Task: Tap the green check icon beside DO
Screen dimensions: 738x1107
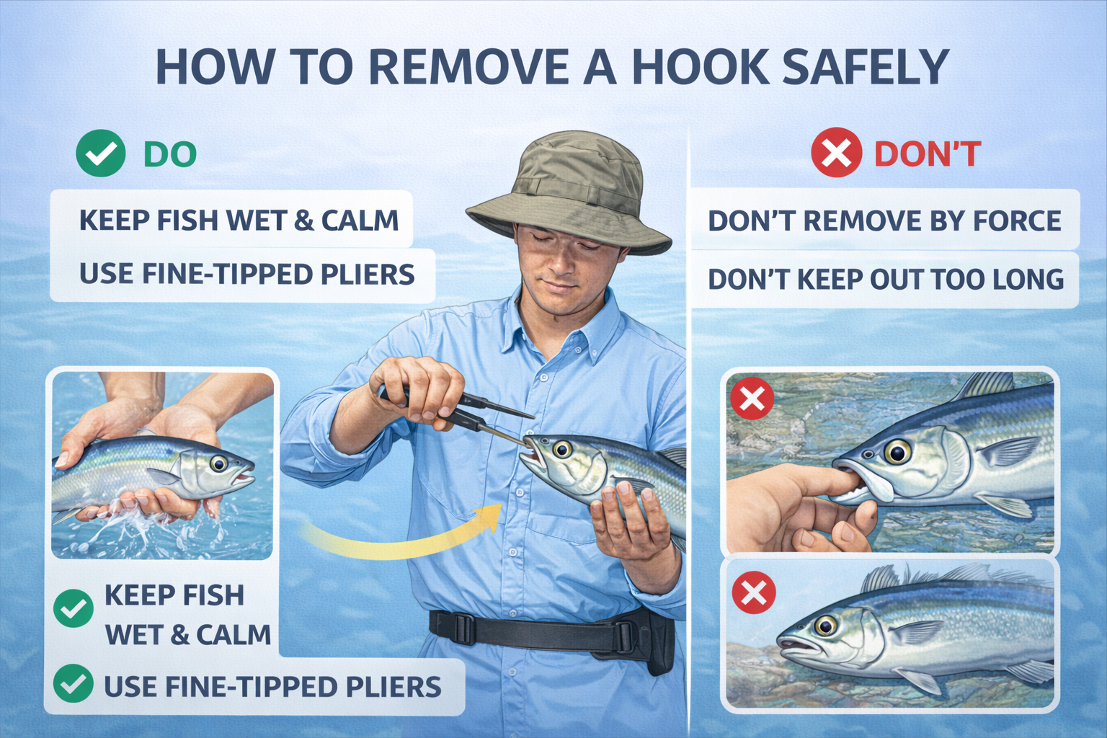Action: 101,154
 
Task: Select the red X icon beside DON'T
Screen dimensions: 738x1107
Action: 836,153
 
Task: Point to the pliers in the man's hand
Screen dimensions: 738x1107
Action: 476,414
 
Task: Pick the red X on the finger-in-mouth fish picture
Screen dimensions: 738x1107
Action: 752,398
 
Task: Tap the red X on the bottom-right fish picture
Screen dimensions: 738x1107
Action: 754,592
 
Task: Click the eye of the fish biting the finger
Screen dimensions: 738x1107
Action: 897,453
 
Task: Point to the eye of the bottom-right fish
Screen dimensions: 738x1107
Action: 825,624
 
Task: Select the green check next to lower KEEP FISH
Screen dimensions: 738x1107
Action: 74,608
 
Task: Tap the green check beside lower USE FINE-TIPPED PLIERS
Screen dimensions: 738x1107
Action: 74,683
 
